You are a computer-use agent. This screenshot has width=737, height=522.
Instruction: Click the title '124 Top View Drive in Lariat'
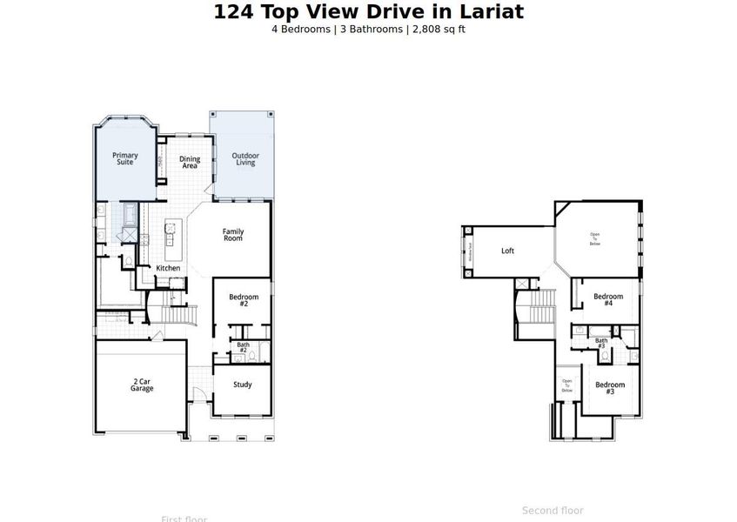point(369,11)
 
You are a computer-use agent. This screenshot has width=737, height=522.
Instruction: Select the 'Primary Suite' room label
point(125,158)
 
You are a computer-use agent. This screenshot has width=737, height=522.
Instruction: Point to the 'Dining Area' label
point(190,162)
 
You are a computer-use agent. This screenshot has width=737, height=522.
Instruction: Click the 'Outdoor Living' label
point(245,159)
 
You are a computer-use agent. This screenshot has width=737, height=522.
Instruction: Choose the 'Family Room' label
point(232,234)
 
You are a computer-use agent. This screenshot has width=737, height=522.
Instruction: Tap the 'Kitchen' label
point(168,268)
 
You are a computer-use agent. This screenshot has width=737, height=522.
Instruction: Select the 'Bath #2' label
point(244,347)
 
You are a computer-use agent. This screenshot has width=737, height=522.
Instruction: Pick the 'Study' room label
point(243,385)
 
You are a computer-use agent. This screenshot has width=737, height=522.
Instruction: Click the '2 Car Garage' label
point(142,385)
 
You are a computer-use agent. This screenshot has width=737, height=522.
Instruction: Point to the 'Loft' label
point(507,251)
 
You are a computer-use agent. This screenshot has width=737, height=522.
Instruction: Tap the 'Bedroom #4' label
point(608,299)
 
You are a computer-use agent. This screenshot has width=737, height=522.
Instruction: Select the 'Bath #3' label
point(601,343)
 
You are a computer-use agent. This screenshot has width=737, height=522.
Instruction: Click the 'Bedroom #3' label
point(610,388)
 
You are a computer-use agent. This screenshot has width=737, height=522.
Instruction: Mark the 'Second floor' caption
point(553,511)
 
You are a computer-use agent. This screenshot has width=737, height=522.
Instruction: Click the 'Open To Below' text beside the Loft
point(595,239)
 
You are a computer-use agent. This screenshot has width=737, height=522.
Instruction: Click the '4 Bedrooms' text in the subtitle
point(301,30)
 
